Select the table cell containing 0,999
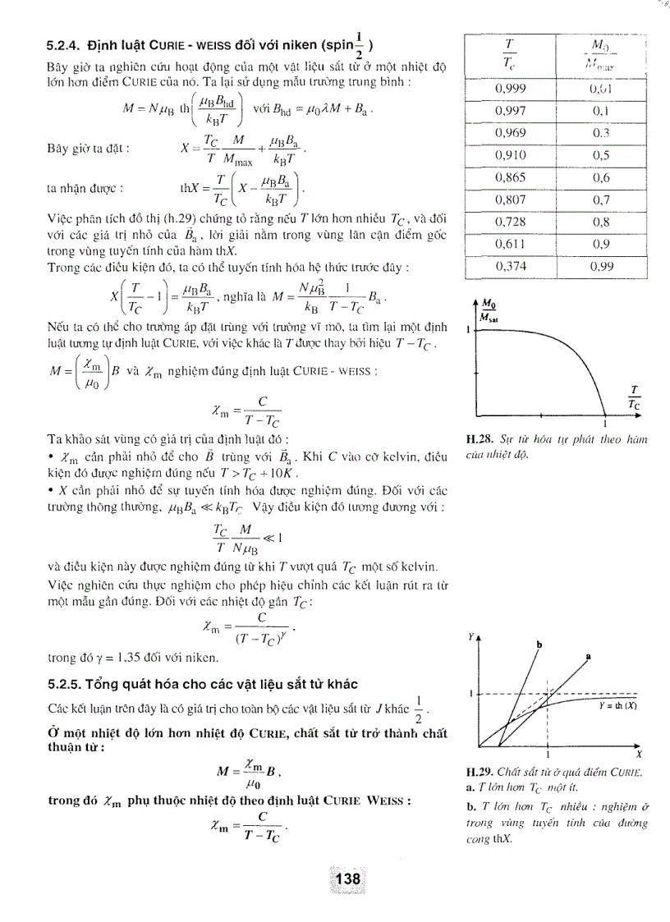point(511,89)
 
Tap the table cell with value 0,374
point(511,266)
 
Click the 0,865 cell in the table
point(511,177)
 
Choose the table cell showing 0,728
point(511,222)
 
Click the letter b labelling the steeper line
point(539,644)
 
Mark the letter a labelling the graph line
point(589,656)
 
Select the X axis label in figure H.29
point(638,754)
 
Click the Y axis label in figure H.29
point(472,636)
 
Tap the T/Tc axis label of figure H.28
point(634,397)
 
